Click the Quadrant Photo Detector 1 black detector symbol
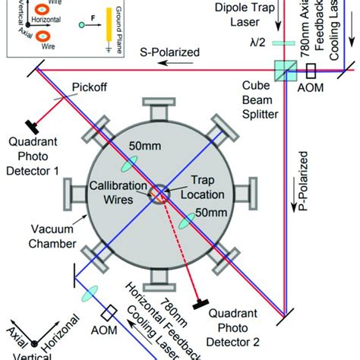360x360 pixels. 34,122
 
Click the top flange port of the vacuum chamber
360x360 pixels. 159,111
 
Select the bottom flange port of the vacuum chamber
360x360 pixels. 159,283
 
